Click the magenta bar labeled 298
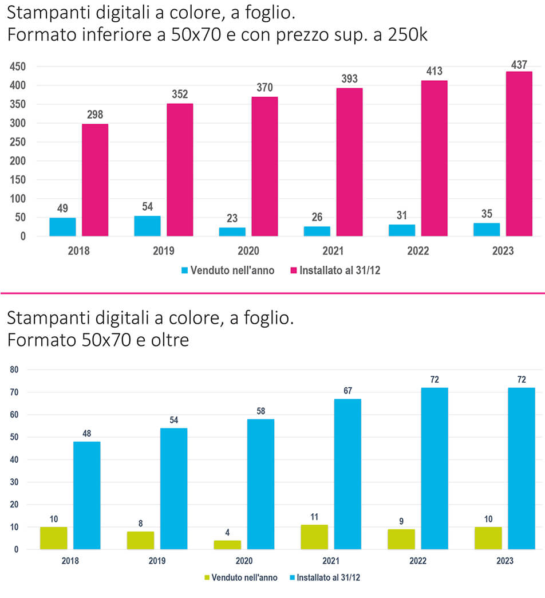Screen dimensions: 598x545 click(x=95, y=180)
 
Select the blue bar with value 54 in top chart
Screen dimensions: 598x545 click(x=147, y=226)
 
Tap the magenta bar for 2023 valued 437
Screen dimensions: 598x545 click(x=519, y=154)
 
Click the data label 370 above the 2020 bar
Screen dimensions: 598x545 click(x=264, y=88)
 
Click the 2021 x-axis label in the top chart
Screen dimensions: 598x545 click(x=333, y=251)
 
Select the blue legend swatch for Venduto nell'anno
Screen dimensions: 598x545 click(x=184, y=270)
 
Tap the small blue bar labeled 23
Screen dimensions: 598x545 click(x=232, y=231)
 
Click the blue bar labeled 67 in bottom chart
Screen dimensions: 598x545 click(x=347, y=474)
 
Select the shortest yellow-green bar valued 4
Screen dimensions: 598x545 click(x=227, y=545)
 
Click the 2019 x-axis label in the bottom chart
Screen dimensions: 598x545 click(x=157, y=561)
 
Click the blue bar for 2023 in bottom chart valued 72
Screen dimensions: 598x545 click(x=521, y=468)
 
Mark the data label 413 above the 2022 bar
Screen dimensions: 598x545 click(x=435, y=71)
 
